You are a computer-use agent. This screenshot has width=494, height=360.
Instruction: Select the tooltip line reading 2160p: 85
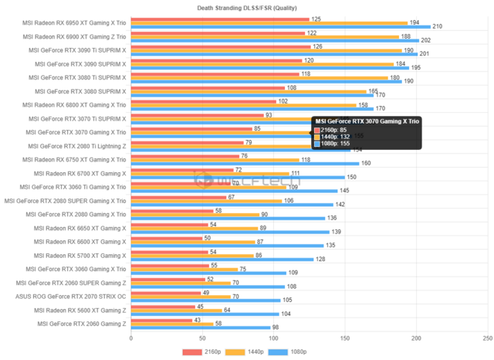coord(335,129)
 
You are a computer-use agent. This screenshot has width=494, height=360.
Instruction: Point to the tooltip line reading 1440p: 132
coord(337,137)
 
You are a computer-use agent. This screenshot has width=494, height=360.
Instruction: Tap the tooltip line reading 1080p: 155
coord(337,144)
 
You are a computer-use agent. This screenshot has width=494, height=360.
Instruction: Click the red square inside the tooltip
coord(316,129)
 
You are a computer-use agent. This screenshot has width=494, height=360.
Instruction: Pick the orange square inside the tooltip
coord(316,137)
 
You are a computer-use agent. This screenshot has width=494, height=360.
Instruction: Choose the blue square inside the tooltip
coord(316,144)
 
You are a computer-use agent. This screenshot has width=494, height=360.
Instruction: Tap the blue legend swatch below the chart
coord(278,352)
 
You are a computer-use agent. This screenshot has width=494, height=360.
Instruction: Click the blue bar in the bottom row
coord(201,328)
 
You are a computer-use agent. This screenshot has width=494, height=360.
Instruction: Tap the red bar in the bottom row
coord(162,319)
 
